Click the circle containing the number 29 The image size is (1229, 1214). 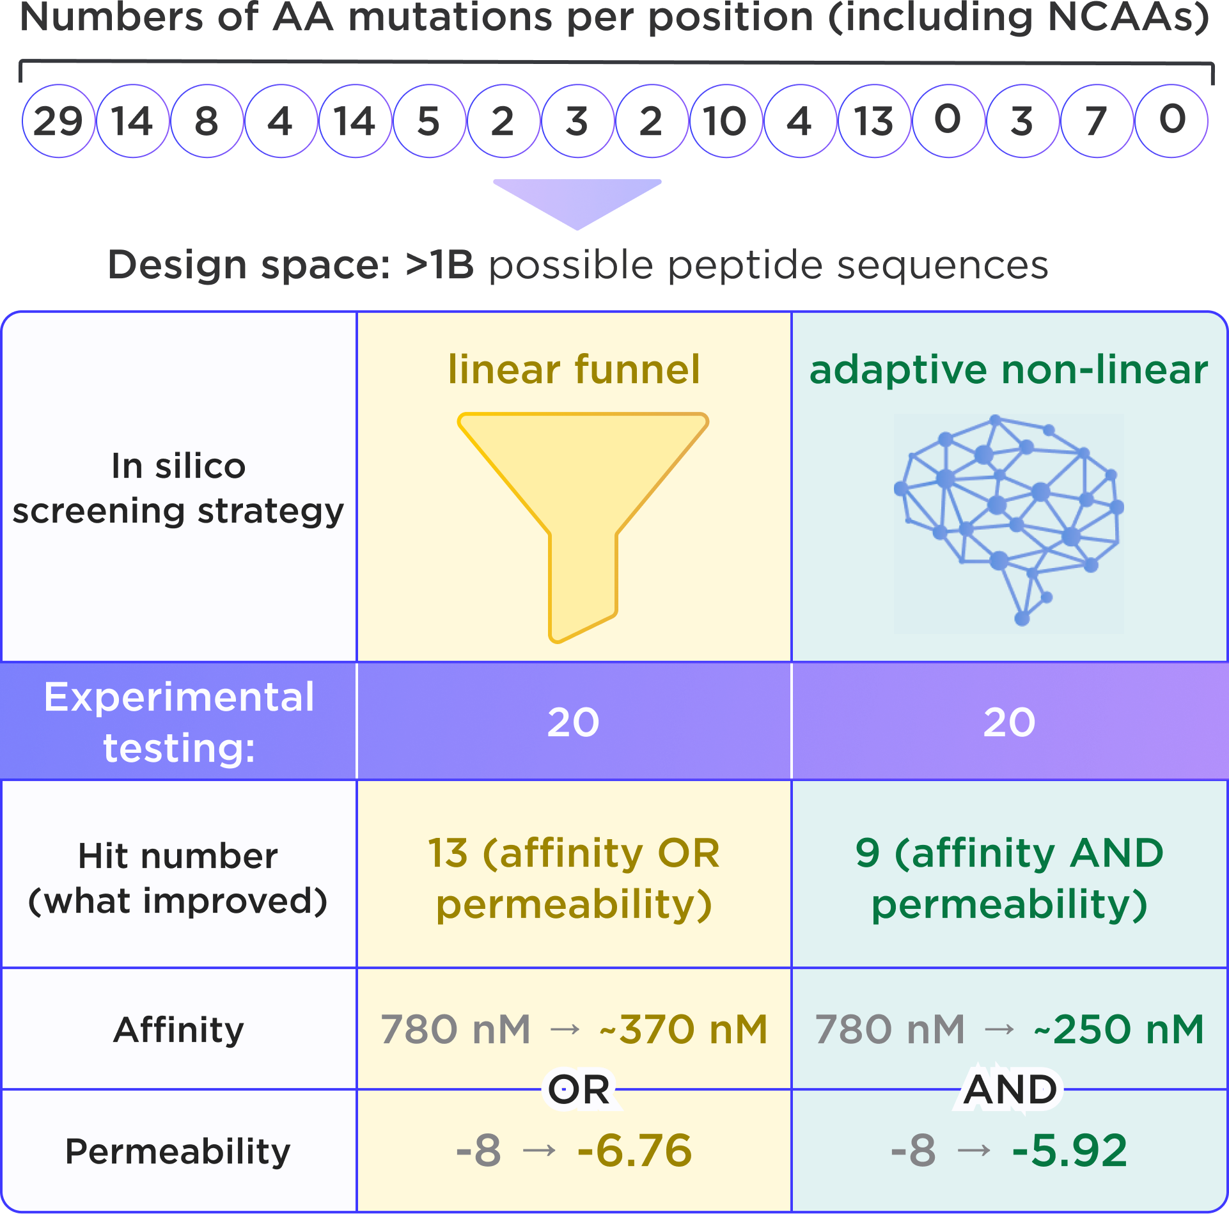tap(58, 121)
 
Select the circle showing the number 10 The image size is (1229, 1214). tap(725, 121)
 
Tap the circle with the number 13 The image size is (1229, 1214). tap(873, 121)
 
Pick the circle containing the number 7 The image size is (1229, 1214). tap(1096, 121)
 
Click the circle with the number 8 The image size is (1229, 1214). tap(207, 121)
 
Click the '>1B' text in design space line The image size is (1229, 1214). tap(440, 265)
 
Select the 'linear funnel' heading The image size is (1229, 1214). tap(574, 369)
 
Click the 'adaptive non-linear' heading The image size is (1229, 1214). tap(1008, 369)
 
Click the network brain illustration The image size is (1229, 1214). tap(1008, 523)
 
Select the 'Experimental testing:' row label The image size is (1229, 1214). tap(178, 721)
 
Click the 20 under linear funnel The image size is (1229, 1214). tap(573, 722)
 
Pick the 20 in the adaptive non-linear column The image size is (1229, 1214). tap(1009, 722)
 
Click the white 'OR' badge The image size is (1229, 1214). tap(580, 1089)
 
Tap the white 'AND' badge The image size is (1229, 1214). tap(1010, 1089)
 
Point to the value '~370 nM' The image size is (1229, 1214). tap(684, 1029)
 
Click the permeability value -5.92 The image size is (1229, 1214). tap(1070, 1150)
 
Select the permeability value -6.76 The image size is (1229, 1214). tap(634, 1150)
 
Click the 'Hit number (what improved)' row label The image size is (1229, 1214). tap(178, 878)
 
